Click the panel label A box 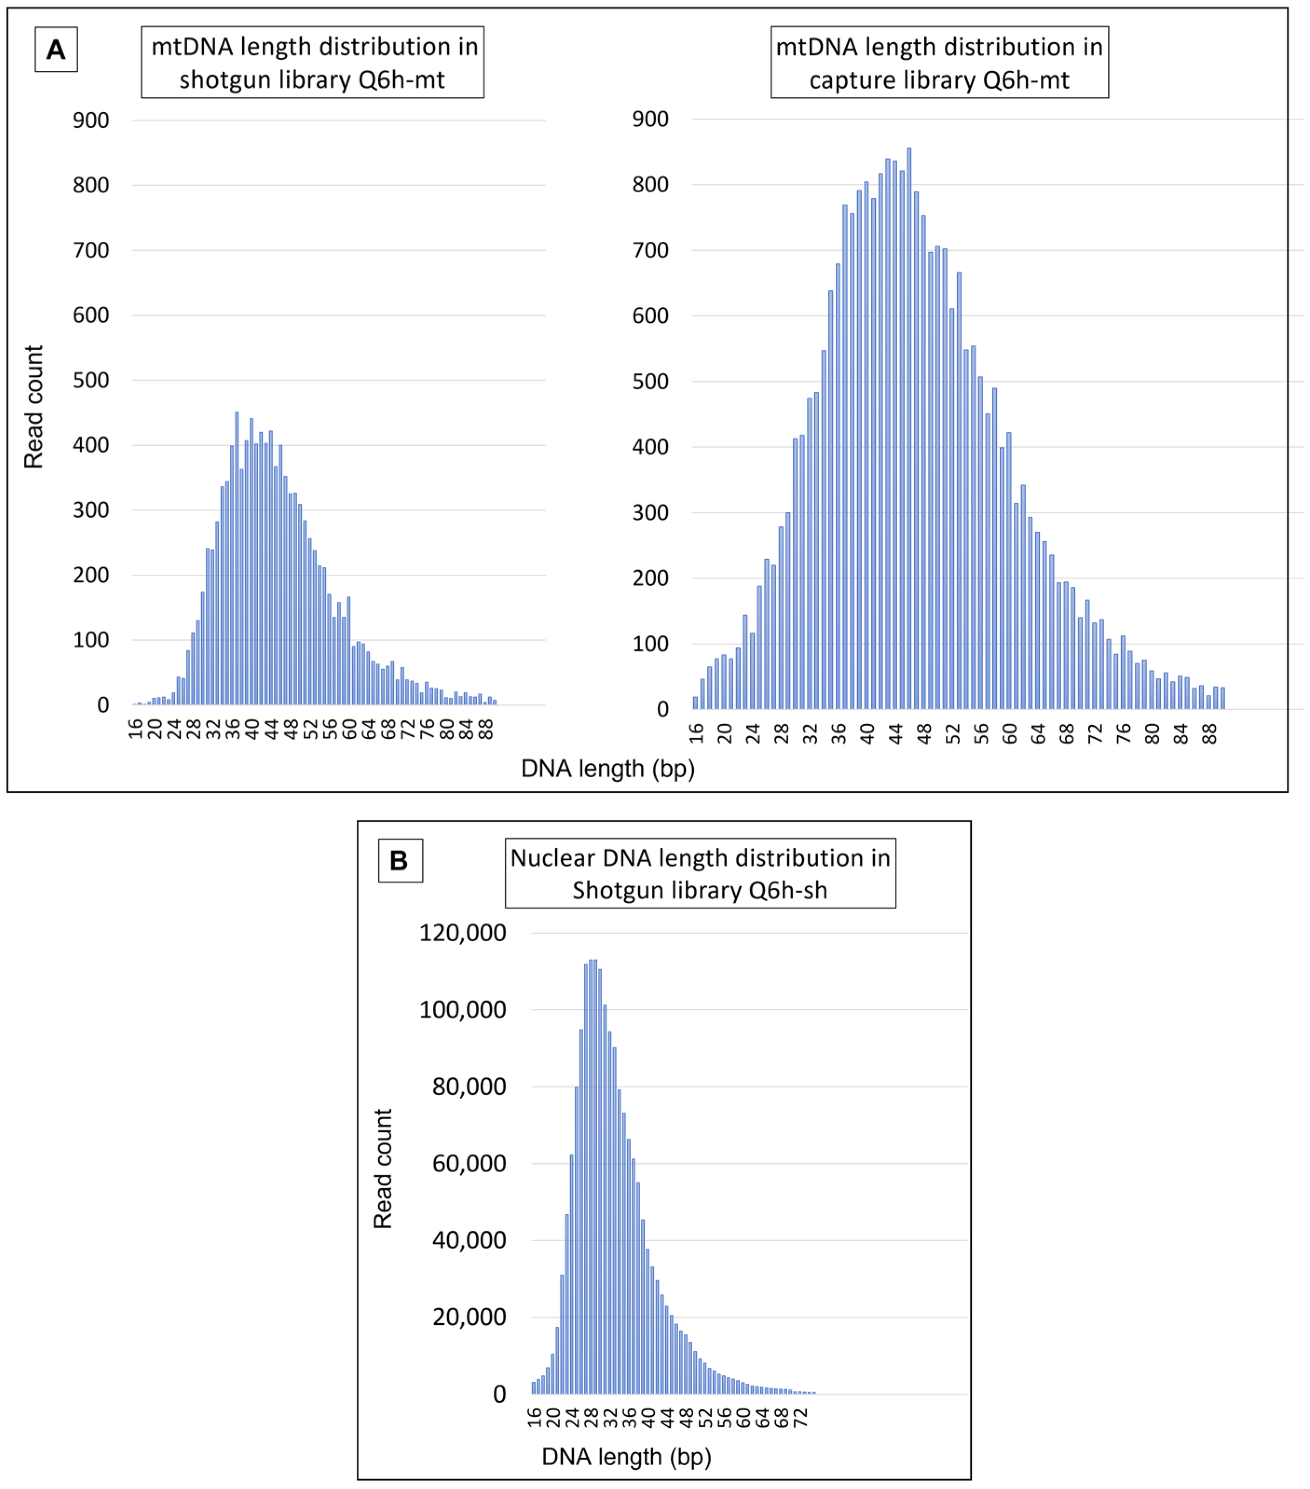point(56,49)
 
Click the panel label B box point(400,860)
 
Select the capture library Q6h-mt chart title point(939,63)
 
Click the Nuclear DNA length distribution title point(700,873)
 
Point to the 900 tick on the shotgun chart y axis point(91,120)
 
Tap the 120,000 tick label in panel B point(462,933)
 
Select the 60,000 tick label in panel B point(469,1163)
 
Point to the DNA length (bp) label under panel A point(607,768)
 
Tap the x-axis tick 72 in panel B point(800,1417)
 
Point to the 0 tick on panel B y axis point(499,1394)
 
